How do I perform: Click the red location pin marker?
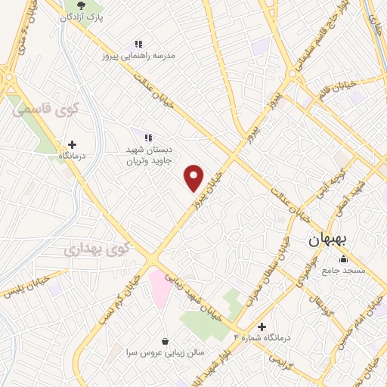click(194, 178)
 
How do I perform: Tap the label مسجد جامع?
click(344, 270)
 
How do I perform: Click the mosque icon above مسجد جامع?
click(344, 259)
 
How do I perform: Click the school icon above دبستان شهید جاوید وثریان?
click(148, 137)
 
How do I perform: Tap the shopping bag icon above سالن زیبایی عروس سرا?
click(166, 342)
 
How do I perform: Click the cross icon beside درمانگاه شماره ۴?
click(262, 327)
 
